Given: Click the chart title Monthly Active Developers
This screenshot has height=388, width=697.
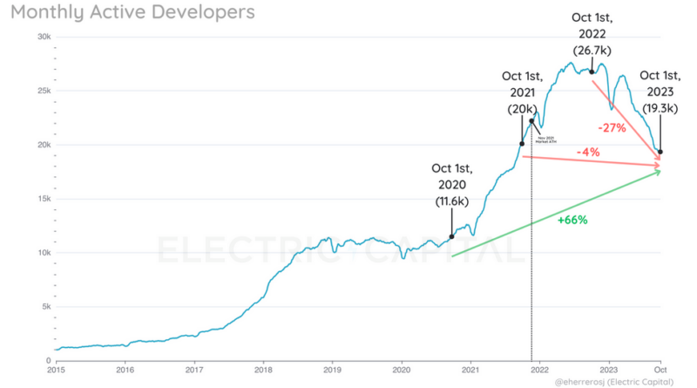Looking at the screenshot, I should click(x=132, y=13).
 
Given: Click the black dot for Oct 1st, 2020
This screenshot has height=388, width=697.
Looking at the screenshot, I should click(x=451, y=236).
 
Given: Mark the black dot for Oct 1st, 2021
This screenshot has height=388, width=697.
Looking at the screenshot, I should click(x=522, y=144).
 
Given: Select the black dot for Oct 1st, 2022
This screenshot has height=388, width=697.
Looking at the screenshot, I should click(x=592, y=71).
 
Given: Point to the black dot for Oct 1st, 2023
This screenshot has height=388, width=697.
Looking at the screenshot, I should click(x=660, y=152).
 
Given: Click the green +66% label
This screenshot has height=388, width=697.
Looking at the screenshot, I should click(x=572, y=220).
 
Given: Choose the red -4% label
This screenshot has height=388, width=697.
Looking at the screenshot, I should click(x=588, y=153).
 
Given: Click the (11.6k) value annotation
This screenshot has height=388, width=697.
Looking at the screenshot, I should click(x=452, y=201).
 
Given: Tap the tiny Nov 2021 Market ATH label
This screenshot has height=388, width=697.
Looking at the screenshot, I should click(x=547, y=140).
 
